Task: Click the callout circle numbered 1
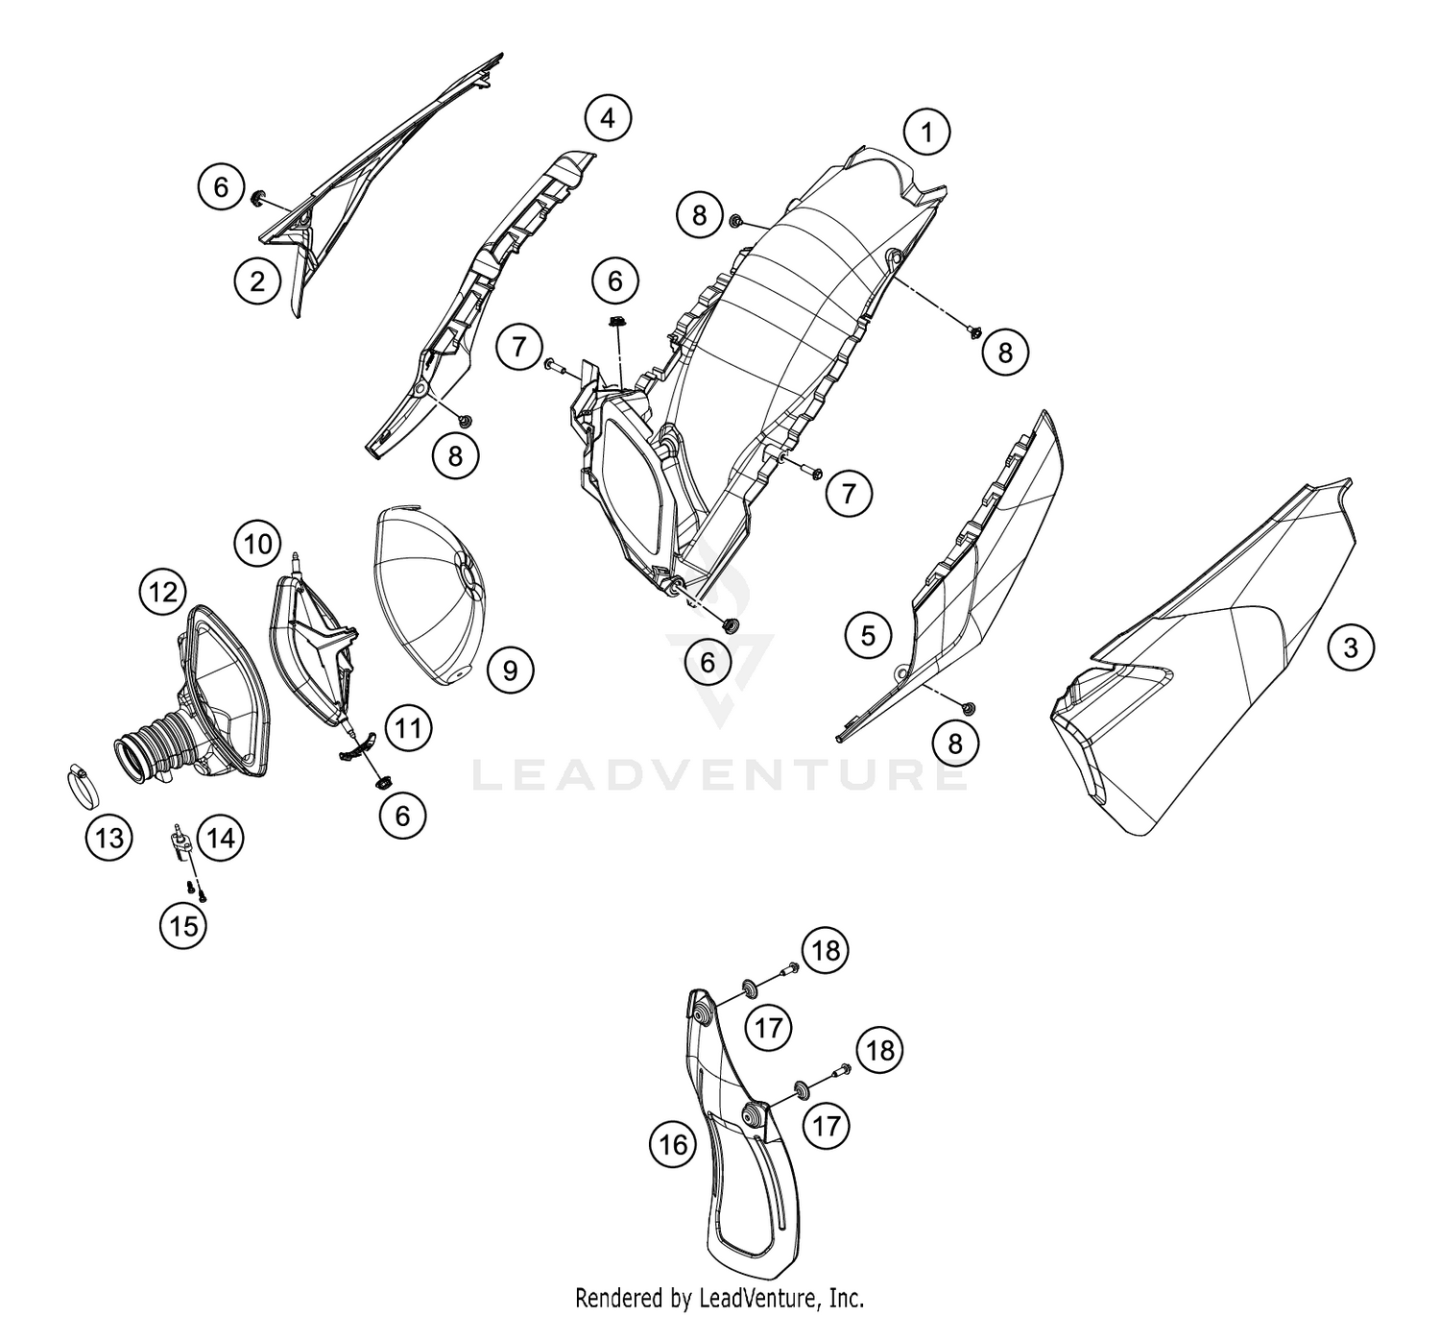pos(926,133)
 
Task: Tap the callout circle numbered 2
pos(257,280)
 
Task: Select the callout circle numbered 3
pos(1351,647)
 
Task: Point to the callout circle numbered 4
pos(608,118)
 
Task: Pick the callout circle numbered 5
pos(868,635)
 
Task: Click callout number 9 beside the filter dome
pos(510,671)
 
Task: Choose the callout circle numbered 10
pos(257,544)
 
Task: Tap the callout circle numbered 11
pos(408,729)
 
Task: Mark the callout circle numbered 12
pos(163,592)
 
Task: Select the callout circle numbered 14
pos(221,837)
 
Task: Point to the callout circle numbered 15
pos(183,925)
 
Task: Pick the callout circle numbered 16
pos(673,1144)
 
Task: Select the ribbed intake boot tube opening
pos(132,759)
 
